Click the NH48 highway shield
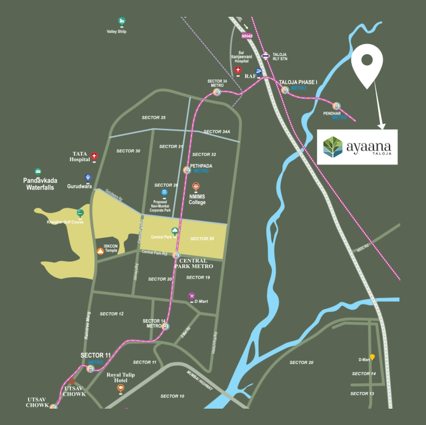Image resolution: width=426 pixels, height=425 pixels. [x=246, y=36]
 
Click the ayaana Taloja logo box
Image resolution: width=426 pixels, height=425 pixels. [x=357, y=146]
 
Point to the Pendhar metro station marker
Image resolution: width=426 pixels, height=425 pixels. [x=337, y=105]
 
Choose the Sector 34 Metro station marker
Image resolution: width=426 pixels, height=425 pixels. [x=217, y=92]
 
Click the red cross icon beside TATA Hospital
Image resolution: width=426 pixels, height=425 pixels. [x=95, y=156]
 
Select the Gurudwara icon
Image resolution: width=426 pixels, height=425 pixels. [x=87, y=178]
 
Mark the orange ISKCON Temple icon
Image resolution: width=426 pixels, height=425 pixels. [x=100, y=251]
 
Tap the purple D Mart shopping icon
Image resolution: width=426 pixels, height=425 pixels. [x=192, y=296]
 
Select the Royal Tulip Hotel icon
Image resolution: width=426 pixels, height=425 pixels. [x=121, y=388]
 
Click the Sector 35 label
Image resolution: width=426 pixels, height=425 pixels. [x=153, y=117]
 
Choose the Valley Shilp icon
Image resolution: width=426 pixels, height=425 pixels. [x=122, y=21]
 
